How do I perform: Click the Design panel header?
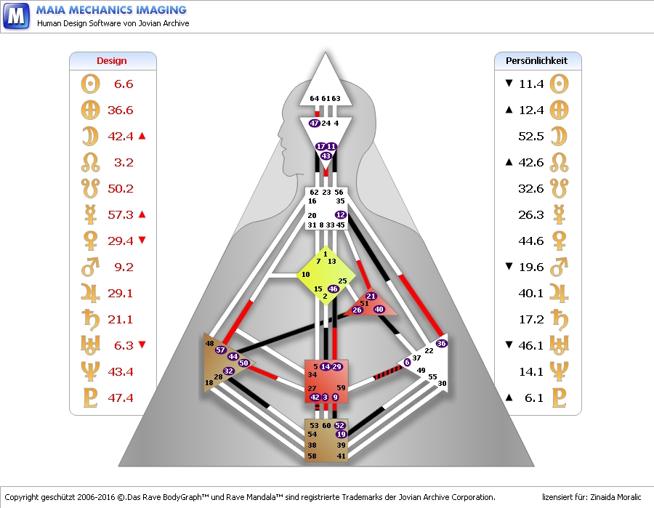coord(112,61)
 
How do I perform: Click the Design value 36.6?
coord(121,110)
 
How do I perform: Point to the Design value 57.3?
coord(121,215)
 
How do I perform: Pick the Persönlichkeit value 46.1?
coord(531,346)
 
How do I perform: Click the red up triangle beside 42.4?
coord(142,136)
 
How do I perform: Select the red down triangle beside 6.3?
coord(142,346)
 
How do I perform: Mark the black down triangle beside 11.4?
coord(509,84)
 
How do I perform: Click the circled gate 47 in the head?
coord(315,124)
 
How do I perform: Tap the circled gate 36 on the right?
coord(441,343)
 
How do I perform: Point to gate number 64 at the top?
coord(315,99)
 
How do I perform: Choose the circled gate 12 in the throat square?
coord(340,214)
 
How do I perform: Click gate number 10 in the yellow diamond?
coord(306,274)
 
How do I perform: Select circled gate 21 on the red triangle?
coord(371,297)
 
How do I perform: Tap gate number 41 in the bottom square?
coord(341,456)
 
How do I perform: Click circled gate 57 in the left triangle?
coord(221,350)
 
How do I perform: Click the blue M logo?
coord(17,16)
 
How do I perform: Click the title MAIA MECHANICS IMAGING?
coord(111,10)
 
